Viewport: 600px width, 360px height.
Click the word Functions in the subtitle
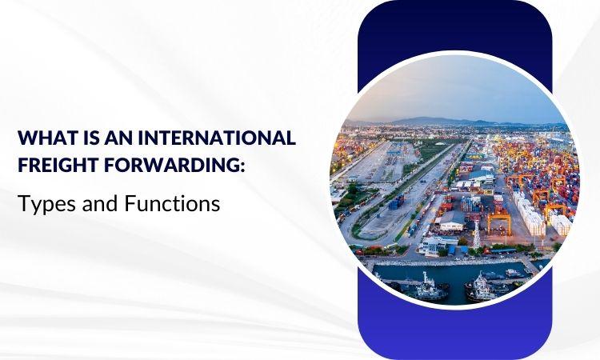coord(172,203)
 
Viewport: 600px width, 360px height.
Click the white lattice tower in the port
coord(477,234)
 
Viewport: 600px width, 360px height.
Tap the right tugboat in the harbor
coord(480,287)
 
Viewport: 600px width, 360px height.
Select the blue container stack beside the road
coord(395,202)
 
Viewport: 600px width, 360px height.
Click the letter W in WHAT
coord(26,138)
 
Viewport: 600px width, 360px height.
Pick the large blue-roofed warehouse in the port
coord(481,176)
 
